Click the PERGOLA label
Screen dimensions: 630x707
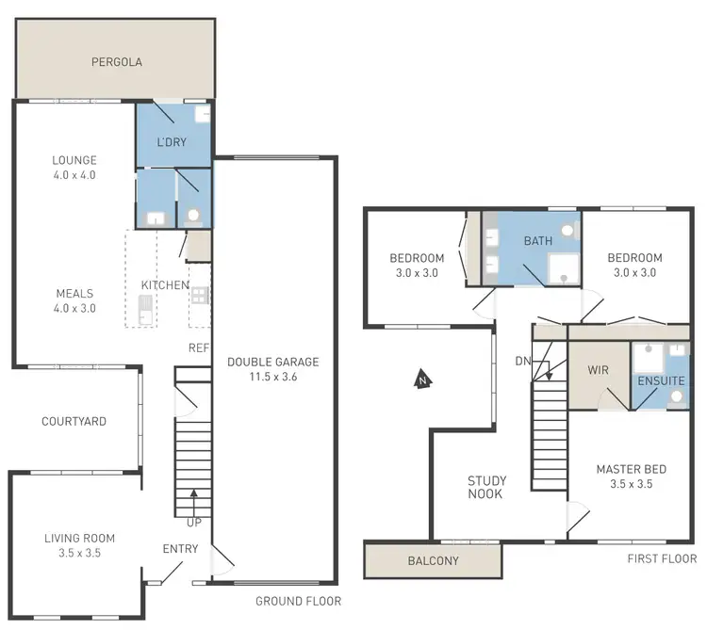pos(116,63)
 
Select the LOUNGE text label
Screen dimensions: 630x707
pos(74,160)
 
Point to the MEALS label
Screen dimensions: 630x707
pos(74,292)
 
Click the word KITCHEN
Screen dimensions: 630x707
pos(165,285)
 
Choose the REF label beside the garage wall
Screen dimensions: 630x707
pos(198,347)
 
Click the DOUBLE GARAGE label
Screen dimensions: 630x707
pos(272,362)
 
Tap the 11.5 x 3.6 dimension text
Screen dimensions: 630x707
pos(272,377)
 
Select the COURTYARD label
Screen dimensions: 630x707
pos(74,421)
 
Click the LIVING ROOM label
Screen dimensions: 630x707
pos(79,539)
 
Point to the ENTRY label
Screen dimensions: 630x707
pos(180,549)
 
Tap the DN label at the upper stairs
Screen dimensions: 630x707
pos(522,361)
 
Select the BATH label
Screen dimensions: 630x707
pos(538,241)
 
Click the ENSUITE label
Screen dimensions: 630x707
pos(661,381)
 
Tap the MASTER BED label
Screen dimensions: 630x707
pos(632,469)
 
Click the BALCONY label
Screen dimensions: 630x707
pos(434,561)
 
